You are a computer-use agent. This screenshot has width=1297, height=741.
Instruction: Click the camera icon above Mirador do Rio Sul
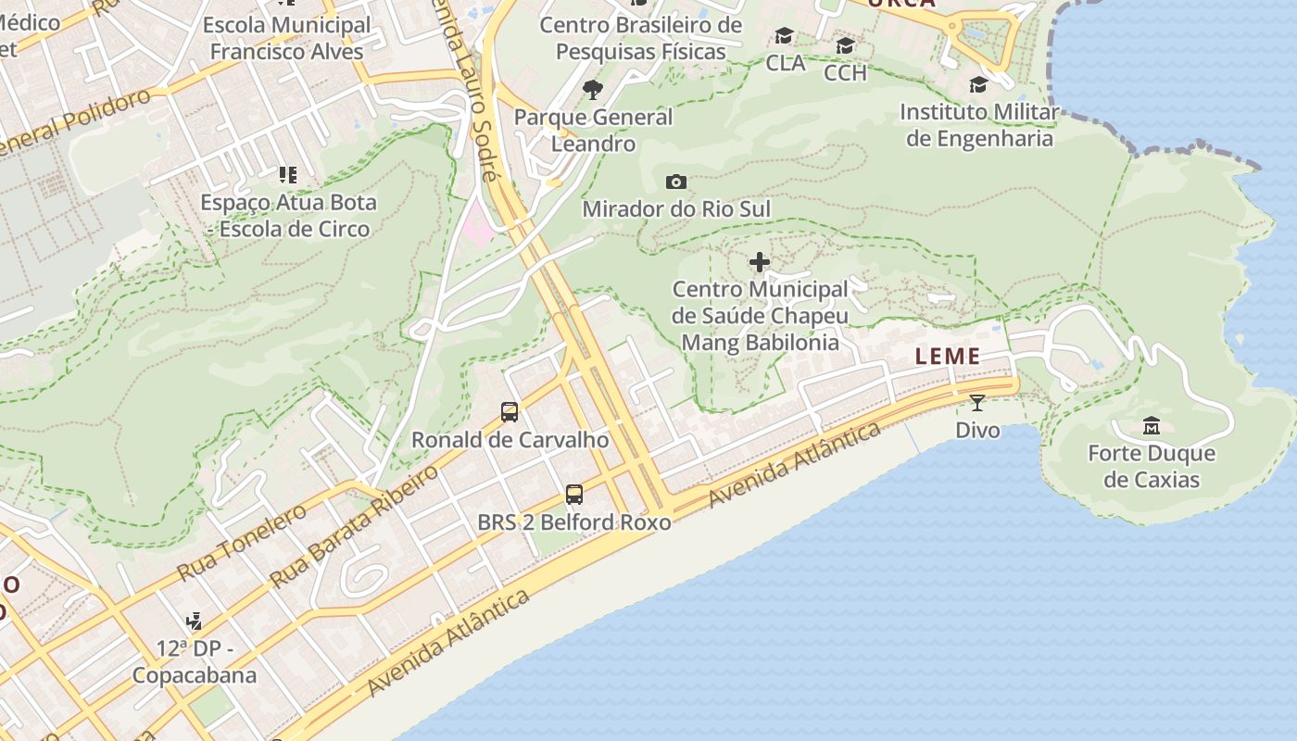click(x=676, y=182)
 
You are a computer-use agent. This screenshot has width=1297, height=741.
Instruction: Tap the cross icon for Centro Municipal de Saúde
click(x=760, y=263)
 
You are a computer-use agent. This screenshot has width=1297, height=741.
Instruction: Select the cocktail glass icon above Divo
click(x=976, y=402)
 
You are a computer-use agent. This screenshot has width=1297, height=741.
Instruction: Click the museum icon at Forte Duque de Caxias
click(x=1152, y=426)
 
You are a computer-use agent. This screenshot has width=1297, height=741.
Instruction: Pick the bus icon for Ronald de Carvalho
click(x=509, y=411)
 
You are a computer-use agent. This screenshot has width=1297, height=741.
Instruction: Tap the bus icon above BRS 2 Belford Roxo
click(x=574, y=494)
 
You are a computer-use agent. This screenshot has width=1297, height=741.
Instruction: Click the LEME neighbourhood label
click(x=948, y=357)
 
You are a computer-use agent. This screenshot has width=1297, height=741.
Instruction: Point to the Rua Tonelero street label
click(x=242, y=542)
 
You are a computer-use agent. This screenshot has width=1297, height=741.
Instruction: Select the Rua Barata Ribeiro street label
click(x=354, y=526)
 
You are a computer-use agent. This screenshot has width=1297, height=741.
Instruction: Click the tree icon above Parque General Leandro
click(x=593, y=90)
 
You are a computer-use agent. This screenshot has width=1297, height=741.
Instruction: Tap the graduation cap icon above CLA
click(x=785, y=36)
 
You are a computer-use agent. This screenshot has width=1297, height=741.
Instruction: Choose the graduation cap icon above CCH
click(x=845, y=46)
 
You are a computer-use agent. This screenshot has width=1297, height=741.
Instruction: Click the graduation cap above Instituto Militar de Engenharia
click(x=978, y=86)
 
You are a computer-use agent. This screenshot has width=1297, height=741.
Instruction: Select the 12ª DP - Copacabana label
click(x=194, y=661)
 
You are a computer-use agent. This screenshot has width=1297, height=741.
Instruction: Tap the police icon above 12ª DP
click(x=194, y=620)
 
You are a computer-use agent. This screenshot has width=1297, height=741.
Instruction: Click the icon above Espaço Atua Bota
click(x=287, y=174)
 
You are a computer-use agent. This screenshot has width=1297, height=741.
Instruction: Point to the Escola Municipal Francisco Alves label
click(x=287, y=38)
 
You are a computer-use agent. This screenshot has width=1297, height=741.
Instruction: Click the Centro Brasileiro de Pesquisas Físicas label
click(x=641, y=38)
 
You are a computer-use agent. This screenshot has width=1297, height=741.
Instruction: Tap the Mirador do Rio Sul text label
click(x=676, y=209)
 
